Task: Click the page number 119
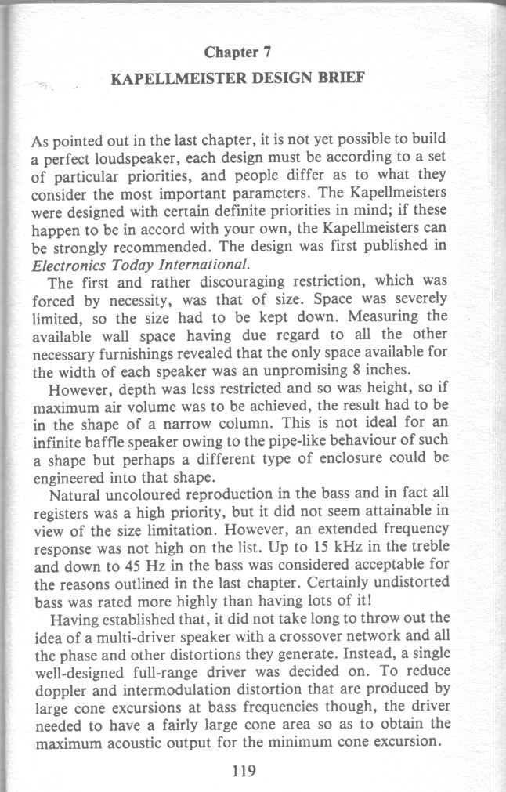click(x=245, y=770)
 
